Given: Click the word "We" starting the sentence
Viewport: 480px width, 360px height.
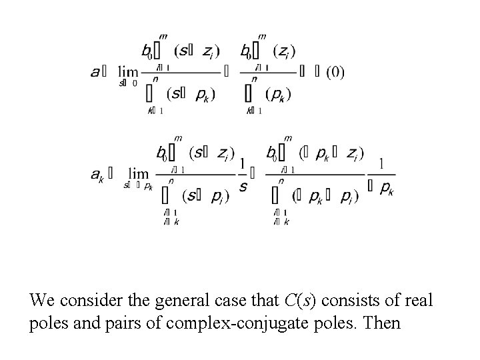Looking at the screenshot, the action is [x=42, y=301].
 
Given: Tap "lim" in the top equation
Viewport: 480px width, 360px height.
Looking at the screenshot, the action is [x=127, y=71].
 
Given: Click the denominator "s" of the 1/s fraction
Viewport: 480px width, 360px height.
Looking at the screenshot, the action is [x=243, y=187].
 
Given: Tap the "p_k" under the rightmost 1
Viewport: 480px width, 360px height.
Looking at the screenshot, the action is [x=385, y=188].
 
